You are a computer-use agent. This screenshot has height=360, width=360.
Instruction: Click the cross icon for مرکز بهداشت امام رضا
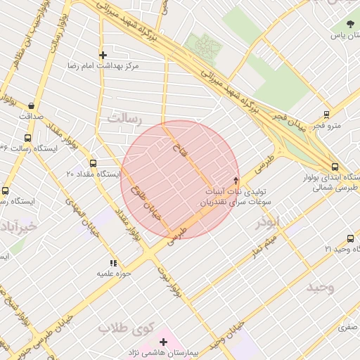click(103, 54)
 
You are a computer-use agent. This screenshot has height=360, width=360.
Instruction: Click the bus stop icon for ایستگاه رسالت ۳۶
click(27, 139)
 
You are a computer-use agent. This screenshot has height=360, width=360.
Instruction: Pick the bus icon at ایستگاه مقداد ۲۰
click(93, 163)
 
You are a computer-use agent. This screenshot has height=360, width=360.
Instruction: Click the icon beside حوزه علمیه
click(113, 262)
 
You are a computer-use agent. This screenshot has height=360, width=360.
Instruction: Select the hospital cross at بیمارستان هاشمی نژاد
click(163, 341)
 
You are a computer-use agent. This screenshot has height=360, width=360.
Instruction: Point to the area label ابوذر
click(268, 221)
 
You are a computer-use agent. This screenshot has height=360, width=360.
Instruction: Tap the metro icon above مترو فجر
click(326, 115)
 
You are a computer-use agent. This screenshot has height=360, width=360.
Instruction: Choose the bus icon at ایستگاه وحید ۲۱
click(350, 239)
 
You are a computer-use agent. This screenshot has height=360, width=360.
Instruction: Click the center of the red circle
click(180, 179)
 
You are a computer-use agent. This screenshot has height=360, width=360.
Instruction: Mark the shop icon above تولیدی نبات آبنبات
click(236, 180)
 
